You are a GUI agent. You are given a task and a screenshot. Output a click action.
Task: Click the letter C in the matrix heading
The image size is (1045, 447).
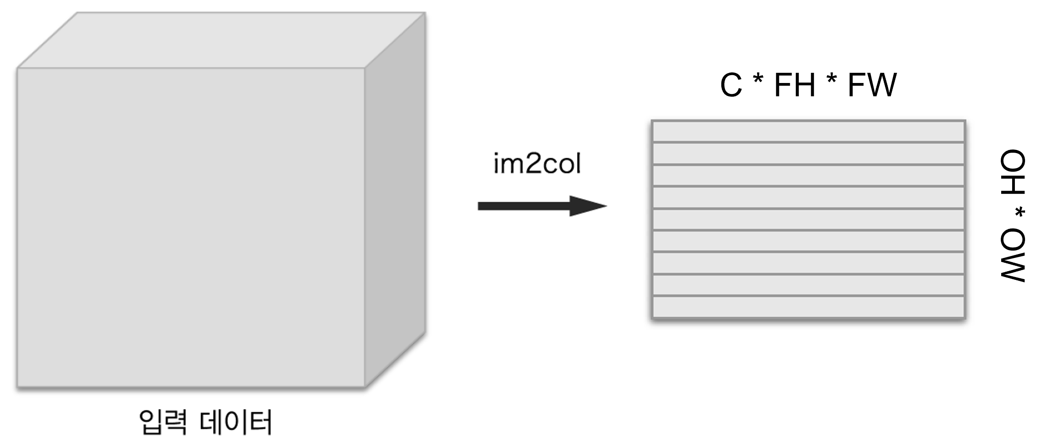(x=731, y=86)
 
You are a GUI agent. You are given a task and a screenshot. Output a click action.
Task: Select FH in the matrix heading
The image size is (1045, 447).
(x=794, y=86)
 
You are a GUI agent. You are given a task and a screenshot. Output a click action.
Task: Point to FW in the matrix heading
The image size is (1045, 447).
(x=872, y=86)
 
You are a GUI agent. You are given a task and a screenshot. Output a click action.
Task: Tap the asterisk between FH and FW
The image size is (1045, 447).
(x=831, y=81)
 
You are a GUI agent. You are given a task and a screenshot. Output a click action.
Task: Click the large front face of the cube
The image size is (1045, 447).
(x=191, y=227)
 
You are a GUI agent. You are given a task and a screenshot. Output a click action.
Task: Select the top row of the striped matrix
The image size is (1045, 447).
(x=808, y=132)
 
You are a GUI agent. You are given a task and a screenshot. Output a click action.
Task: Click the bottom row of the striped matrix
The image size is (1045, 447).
(x=808, y=307)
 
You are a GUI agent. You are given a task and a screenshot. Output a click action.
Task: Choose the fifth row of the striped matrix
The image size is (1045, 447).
(x=808, y=220)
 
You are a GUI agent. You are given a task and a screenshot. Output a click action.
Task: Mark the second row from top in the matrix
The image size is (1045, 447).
(x=808, y=153)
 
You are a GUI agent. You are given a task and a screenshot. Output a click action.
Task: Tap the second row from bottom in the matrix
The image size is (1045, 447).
(x=808, y=285)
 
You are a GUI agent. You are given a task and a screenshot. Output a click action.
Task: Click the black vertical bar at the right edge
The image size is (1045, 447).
(x=1012, y=223)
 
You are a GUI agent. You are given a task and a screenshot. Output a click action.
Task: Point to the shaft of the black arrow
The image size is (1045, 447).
(x=523, y=206)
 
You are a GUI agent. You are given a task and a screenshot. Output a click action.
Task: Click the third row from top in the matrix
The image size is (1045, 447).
(x=808, y=175)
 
